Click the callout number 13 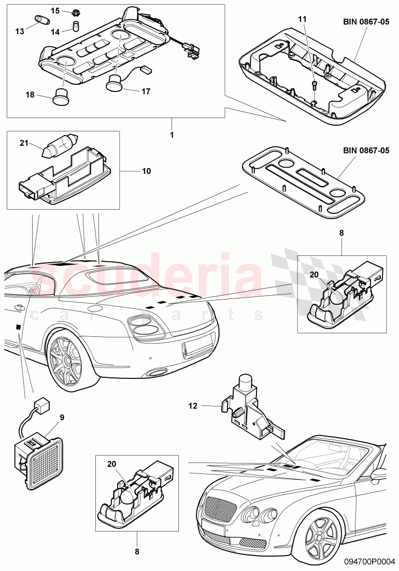(x=19, y=31)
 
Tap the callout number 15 (x=55, y=11)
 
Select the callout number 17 (x=146, y=91)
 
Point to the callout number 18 (x=30, y=94)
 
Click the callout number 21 (x=24, y=143)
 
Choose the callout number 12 (x=193, y=407)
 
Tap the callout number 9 (x=62, y=416)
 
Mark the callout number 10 (x=147, y=170)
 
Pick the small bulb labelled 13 (x=41, y=20)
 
